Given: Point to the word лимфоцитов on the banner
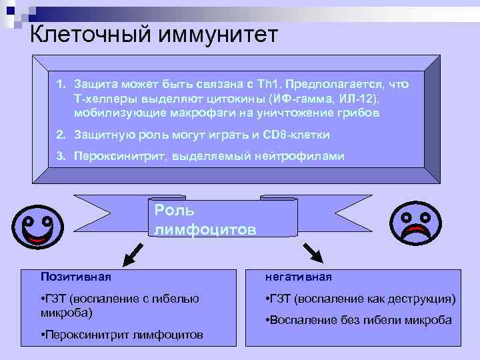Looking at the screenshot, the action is point(204,230).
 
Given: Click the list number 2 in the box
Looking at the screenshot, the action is point(59,135).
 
